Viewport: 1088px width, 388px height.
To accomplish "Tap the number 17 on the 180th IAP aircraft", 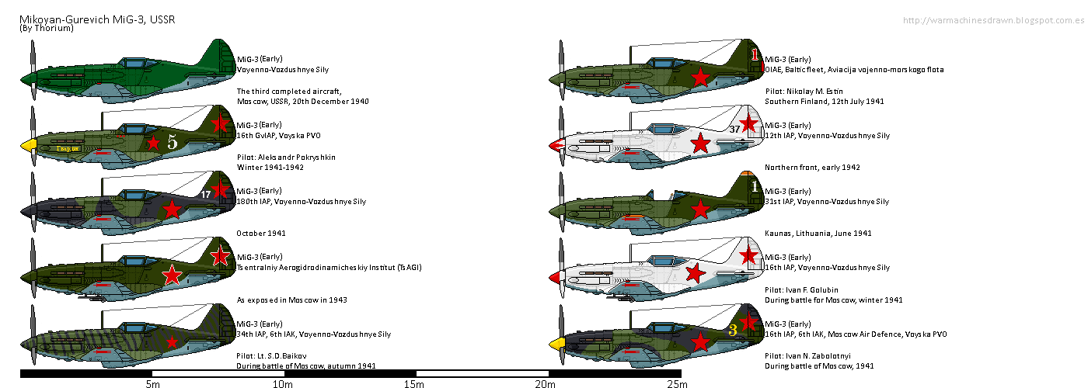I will (206, 195).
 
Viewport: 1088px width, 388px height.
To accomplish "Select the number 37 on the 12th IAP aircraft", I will (734, 129).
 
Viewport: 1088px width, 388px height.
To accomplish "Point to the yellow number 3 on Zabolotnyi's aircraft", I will (733, 330).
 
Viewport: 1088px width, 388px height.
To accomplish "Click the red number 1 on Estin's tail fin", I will (754, 54).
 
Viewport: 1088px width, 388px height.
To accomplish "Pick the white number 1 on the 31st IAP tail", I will (754, 186).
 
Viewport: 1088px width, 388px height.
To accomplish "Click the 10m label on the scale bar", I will (282, 383).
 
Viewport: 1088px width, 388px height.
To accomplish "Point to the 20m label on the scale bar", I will (546, 383).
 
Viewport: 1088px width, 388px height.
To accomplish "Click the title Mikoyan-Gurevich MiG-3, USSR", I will (96, 19).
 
